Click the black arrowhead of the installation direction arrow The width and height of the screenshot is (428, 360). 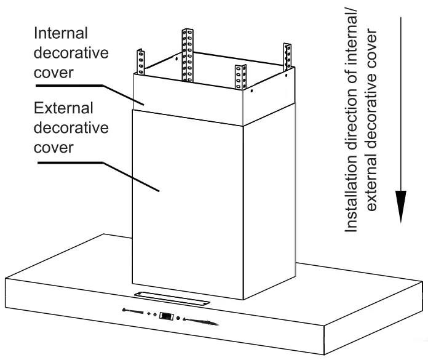[x=401, y=206]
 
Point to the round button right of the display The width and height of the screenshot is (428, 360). [x=179, y=318]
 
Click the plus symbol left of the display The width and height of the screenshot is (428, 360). [x=149, y=314]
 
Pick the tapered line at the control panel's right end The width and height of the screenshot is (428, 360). [x=200, y=321]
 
